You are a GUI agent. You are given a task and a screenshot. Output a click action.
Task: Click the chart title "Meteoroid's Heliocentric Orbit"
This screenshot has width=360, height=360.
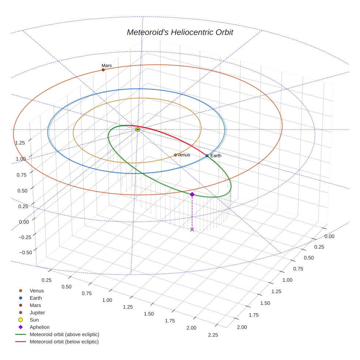180,32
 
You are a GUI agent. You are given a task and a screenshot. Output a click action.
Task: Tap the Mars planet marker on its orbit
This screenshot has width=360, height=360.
103,70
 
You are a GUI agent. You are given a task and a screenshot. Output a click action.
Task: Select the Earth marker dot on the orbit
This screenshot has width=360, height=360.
207,156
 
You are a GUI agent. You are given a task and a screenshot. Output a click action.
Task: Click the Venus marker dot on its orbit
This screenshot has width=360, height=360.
175,155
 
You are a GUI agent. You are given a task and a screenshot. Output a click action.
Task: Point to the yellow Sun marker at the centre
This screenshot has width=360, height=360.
138,130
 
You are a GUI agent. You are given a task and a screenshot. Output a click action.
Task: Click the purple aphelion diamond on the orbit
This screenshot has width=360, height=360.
192,194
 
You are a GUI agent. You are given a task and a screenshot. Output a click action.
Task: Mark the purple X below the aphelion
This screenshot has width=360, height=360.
192,229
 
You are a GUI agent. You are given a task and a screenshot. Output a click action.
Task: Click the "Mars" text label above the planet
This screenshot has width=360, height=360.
106,65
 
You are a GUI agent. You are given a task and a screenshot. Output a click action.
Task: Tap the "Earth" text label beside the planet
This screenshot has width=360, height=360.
216,156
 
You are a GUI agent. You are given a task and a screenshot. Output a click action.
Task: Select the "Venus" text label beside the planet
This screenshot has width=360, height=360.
184,155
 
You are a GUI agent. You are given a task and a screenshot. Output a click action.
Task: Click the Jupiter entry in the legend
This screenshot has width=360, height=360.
37,312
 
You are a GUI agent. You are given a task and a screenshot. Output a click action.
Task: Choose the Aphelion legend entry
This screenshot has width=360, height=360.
40,327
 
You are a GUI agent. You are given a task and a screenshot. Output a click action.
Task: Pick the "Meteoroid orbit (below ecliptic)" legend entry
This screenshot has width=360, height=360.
64,342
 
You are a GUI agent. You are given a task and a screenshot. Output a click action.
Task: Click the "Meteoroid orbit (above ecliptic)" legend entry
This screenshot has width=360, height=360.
64,334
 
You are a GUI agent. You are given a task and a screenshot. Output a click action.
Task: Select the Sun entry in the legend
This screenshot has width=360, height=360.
34,320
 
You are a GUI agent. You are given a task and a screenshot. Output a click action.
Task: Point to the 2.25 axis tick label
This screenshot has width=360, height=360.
213,335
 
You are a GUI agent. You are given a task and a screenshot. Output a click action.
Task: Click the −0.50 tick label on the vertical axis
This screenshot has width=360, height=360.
25,252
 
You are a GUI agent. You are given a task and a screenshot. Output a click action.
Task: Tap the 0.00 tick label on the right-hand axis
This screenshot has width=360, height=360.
329,237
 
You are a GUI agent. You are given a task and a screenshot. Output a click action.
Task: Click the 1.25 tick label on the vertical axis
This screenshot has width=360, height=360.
20,143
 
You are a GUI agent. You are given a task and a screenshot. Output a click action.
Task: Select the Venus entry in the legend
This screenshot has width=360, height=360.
37,290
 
